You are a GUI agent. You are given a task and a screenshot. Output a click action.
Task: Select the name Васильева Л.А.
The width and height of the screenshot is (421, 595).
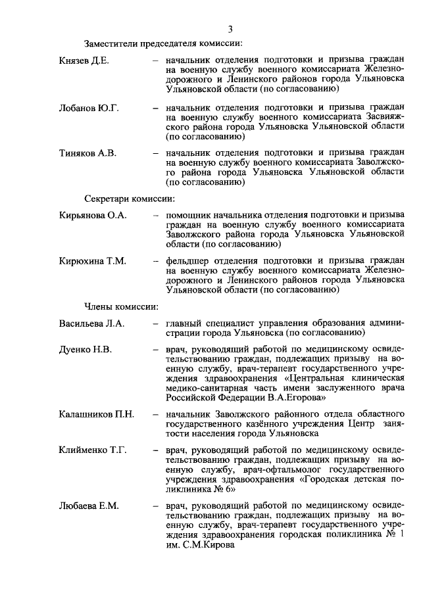point(91,324)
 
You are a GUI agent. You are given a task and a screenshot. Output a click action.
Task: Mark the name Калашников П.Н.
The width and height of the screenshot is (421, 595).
point(95,414)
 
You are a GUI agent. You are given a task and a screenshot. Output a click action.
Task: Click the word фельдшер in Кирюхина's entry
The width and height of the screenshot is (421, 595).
point(189,262)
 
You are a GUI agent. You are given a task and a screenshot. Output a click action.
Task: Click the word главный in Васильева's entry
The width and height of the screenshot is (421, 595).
point(184,324)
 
